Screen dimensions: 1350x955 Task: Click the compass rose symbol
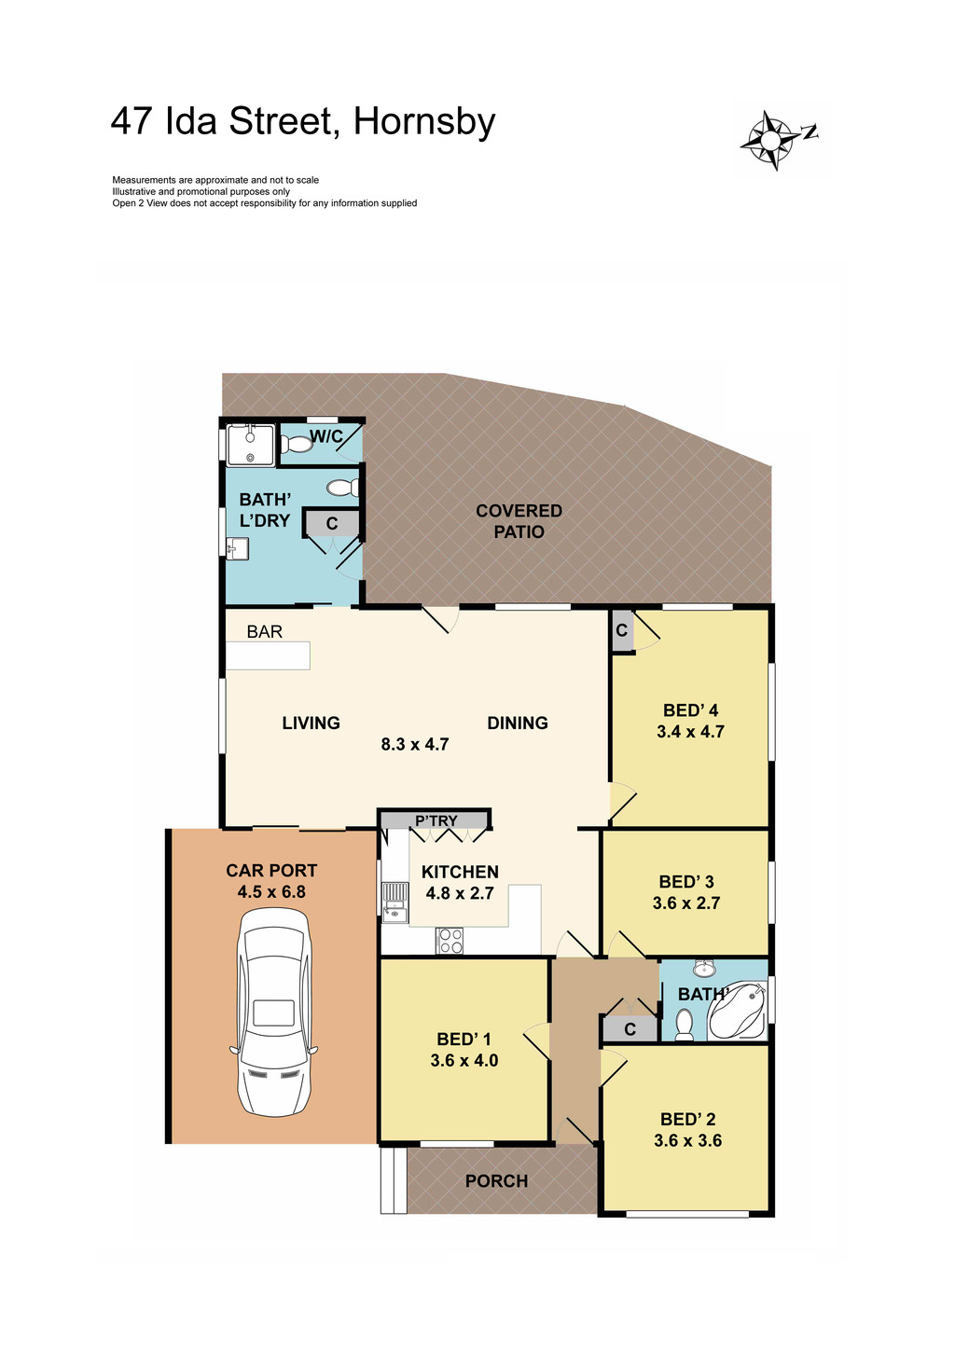tap(772, 141)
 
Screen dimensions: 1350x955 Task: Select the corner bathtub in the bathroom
tap(738, 1012)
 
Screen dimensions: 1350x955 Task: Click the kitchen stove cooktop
tap(450, 941)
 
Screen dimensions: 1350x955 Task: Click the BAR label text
tap(264, 632)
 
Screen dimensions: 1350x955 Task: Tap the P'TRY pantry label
tap(436, 820)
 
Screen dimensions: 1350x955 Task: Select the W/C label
tap(325, 436)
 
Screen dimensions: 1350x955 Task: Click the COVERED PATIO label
tap(519, 521)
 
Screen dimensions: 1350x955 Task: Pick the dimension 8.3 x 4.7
tap(415, 744)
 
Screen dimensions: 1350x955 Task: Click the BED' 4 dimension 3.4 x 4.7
tap(690, 732)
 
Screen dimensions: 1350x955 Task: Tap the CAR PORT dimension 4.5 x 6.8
tap(271, 891)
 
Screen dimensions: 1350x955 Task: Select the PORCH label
tap(496, 1181)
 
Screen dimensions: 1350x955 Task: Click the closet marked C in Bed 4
tap(621, 631)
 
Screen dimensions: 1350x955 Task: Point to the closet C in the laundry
tap(331, 524)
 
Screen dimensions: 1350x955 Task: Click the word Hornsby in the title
tap(424, 122)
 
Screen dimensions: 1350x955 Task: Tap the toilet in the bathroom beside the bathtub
tap(685, 1024)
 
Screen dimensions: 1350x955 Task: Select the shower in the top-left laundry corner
tap(250, 445)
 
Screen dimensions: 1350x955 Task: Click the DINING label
tap(518, 723)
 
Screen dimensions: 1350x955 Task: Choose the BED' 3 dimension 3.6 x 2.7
tap(686, 902)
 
